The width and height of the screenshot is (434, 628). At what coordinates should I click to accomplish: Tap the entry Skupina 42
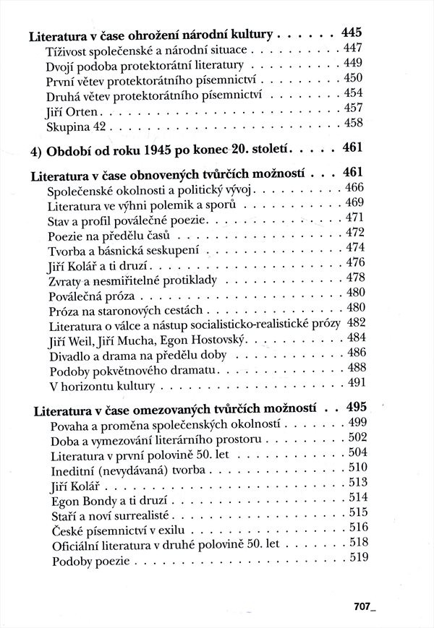[x=77, y=129]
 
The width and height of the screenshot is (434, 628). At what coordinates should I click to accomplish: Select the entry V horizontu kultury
[x=102, y=385]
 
